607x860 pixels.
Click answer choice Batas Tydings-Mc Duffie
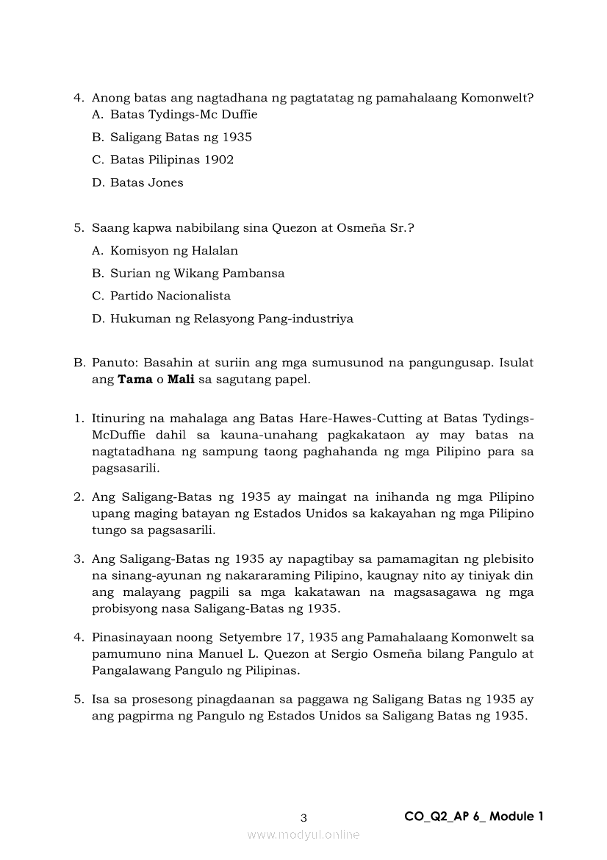coord(184,115)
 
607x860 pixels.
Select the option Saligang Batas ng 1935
coord(181,138)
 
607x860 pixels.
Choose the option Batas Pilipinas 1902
coord(172,160)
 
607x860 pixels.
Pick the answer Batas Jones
coord(147,183)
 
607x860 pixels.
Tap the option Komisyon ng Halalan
coord(174,251)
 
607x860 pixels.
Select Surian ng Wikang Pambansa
coord(197,274)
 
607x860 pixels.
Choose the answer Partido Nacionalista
coord(170,296)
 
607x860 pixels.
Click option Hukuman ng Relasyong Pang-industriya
coord(231,319)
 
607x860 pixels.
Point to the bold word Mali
coord(180,380)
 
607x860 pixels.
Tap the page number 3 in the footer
coord(303,817)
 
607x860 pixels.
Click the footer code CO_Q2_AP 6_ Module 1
coord(473,817)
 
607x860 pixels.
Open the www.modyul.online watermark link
coord(303,835)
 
